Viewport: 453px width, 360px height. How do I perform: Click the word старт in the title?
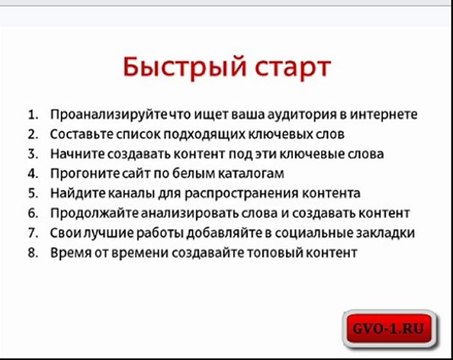click(x=285, y=69)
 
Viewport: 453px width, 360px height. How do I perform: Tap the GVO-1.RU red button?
click(x=384, y=326)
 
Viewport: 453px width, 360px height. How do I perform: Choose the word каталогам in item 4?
click(x=243, y=173)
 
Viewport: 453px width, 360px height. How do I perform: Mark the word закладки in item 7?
click(x=386, y=232)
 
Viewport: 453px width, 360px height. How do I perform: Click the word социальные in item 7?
click(x=314, y=232)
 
